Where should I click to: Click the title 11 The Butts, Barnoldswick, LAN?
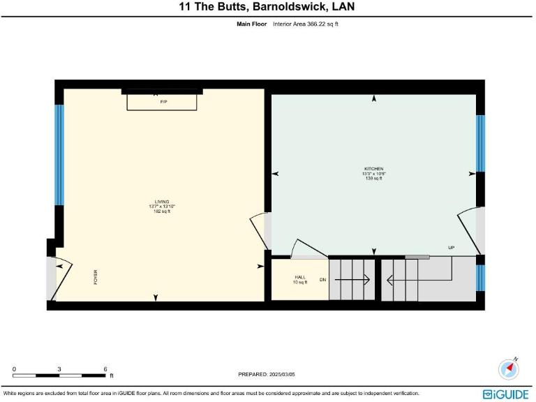coord(268,7)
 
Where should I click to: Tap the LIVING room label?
coord(162,202)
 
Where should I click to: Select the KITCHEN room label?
coord(373,169)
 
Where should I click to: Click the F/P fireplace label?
coord(163,103)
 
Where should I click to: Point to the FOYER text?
coord(96,278)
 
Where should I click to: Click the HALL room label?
coord(299,277)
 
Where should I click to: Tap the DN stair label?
coord(322,280)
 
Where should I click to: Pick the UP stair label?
coord(451,248)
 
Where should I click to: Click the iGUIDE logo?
coord(505,394)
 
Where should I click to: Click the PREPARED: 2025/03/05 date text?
coord(268,374)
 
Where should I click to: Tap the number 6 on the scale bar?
coord(105,368)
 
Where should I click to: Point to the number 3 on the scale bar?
coord(59,368)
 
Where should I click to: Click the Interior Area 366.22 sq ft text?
coord(306,24)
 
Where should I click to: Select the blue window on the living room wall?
coord(59,155)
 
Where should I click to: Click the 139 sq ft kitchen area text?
coord(373,179)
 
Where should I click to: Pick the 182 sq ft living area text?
coord(162,211)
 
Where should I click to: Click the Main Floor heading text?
coord(253,24)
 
